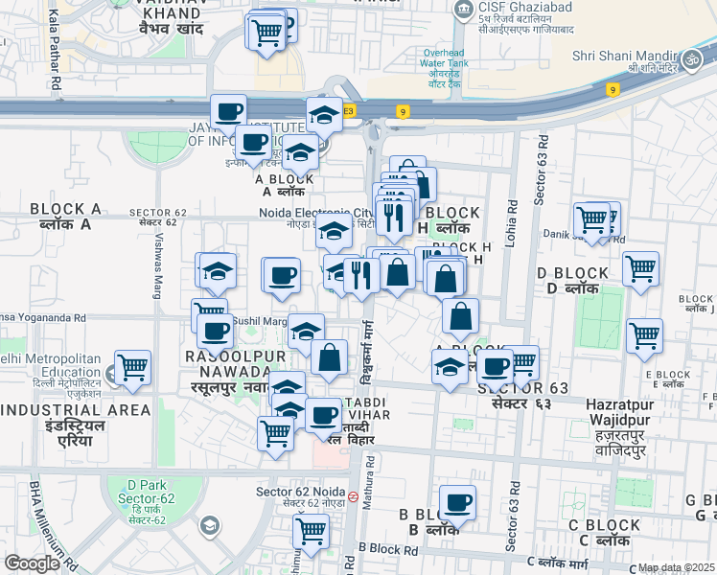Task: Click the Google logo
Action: tap(32, 563)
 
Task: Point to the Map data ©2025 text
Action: tap(676, 567)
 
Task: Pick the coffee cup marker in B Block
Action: tap(457, 501)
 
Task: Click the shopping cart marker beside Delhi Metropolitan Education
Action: tap(132, 367)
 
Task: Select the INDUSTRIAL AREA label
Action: tap(76, 410)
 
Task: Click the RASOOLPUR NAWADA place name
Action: tap(227, 363)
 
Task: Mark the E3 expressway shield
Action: tap(348, 111)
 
